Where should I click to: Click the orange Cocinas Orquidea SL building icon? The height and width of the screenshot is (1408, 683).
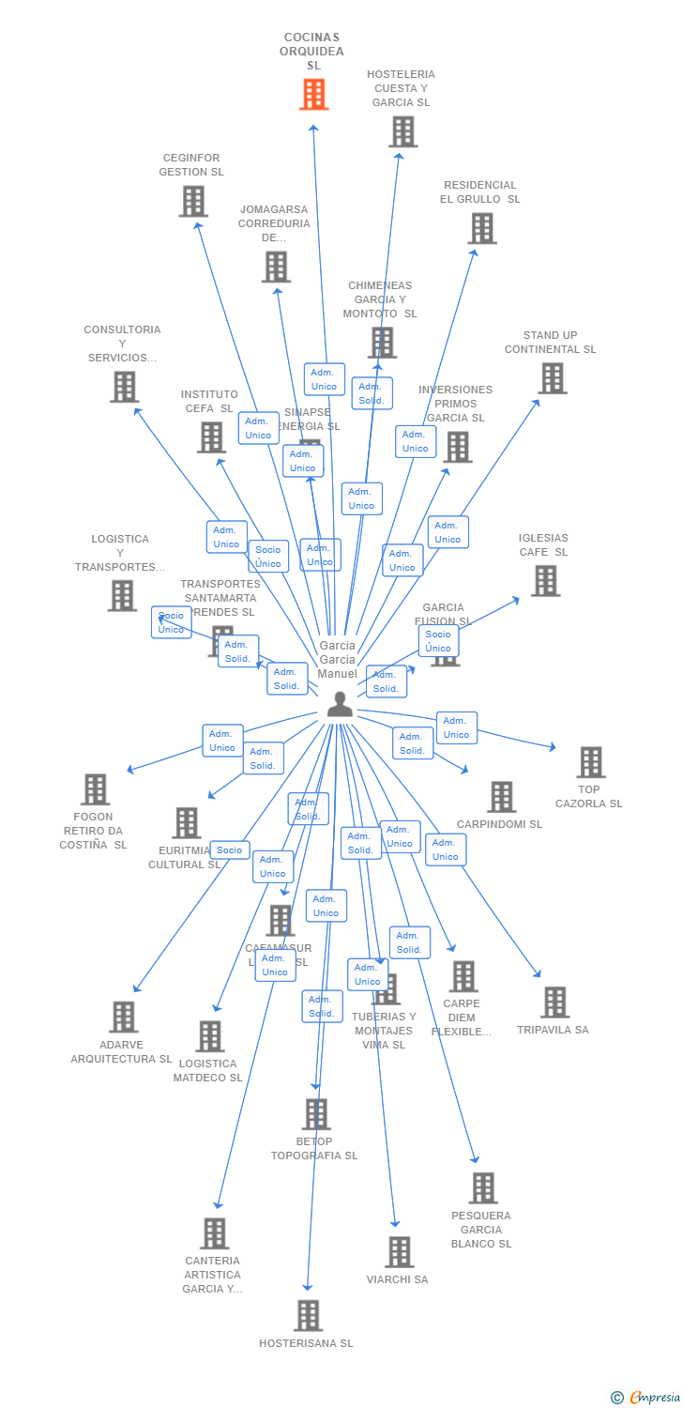314,95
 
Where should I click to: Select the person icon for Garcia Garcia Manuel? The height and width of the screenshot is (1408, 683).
340,704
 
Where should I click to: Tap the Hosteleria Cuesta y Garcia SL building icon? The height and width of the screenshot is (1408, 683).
402,132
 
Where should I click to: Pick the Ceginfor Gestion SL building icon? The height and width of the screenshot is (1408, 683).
193,202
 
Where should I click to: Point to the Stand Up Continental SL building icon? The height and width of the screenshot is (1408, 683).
552,378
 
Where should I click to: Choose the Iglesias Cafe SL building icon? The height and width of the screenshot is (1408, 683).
545,581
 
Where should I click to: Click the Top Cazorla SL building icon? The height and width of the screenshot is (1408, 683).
590,762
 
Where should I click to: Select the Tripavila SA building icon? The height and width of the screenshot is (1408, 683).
554,1002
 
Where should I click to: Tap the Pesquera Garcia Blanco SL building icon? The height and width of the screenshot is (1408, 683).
483,1188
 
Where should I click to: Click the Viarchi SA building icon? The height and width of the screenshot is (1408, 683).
400,1252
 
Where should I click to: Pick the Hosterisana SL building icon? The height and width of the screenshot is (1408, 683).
308,1316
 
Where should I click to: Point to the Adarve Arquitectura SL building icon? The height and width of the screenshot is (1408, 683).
123,1017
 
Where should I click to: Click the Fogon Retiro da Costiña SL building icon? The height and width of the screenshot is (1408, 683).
95,789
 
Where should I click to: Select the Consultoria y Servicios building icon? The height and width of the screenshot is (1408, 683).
124,387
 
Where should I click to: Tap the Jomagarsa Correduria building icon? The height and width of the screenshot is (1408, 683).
276,268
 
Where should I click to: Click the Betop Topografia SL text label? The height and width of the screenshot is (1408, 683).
314,1149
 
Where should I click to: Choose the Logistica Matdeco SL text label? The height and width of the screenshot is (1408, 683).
207,1071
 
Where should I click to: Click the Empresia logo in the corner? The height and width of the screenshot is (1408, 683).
646,1397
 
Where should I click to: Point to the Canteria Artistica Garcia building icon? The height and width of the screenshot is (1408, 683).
214,1233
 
